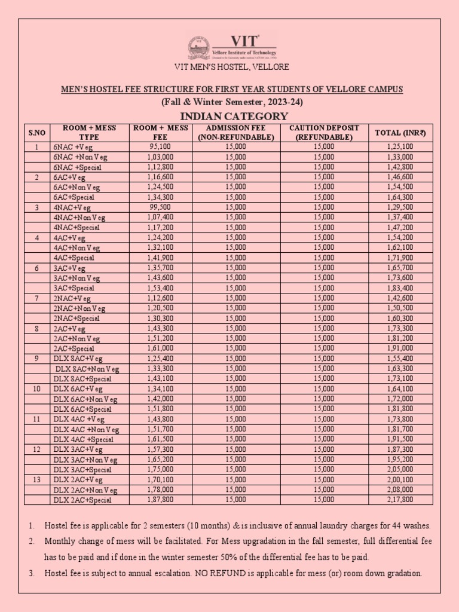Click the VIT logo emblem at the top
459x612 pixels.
tap(200, 48)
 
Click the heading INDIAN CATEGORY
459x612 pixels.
tap(230, 116)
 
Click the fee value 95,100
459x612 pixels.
tap(160, 146)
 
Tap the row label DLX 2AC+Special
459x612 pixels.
tap(82, 500)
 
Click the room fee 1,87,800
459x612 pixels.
tap(160, 500)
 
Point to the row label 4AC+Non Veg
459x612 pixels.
tap(77, 247)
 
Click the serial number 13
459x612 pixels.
tap(36, 479)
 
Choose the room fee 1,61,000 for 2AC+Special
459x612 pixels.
tap(160, 348)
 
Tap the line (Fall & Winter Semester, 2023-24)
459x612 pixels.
tap(231, 102)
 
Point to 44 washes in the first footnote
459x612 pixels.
tap(412, 526)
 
